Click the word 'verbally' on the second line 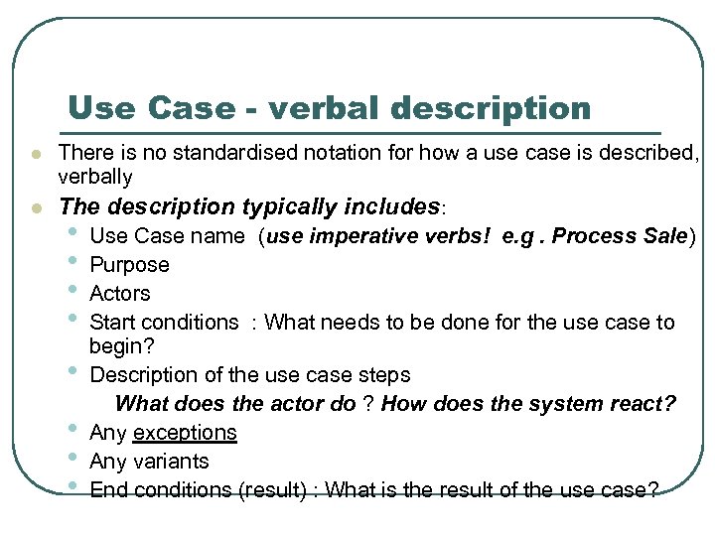(95, 177)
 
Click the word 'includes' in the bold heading (391, 206)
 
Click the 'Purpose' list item (129, 265)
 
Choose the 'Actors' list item (120, 294)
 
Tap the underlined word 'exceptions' (185, 433)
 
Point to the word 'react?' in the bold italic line (643, 404)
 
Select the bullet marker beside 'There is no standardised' (35, 155)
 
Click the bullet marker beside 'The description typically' (35, 208)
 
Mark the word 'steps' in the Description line (387, 375)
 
